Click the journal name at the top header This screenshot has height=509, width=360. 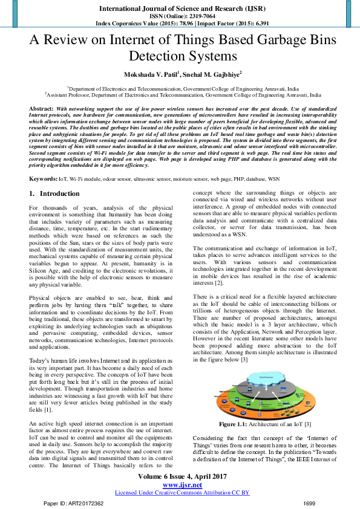pyautogui.click(x=180, y=8)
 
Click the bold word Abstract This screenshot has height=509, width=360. pyautogui.click(x=41, y=108)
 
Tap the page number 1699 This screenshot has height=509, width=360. pyautogui.click(x=309, y=503)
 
